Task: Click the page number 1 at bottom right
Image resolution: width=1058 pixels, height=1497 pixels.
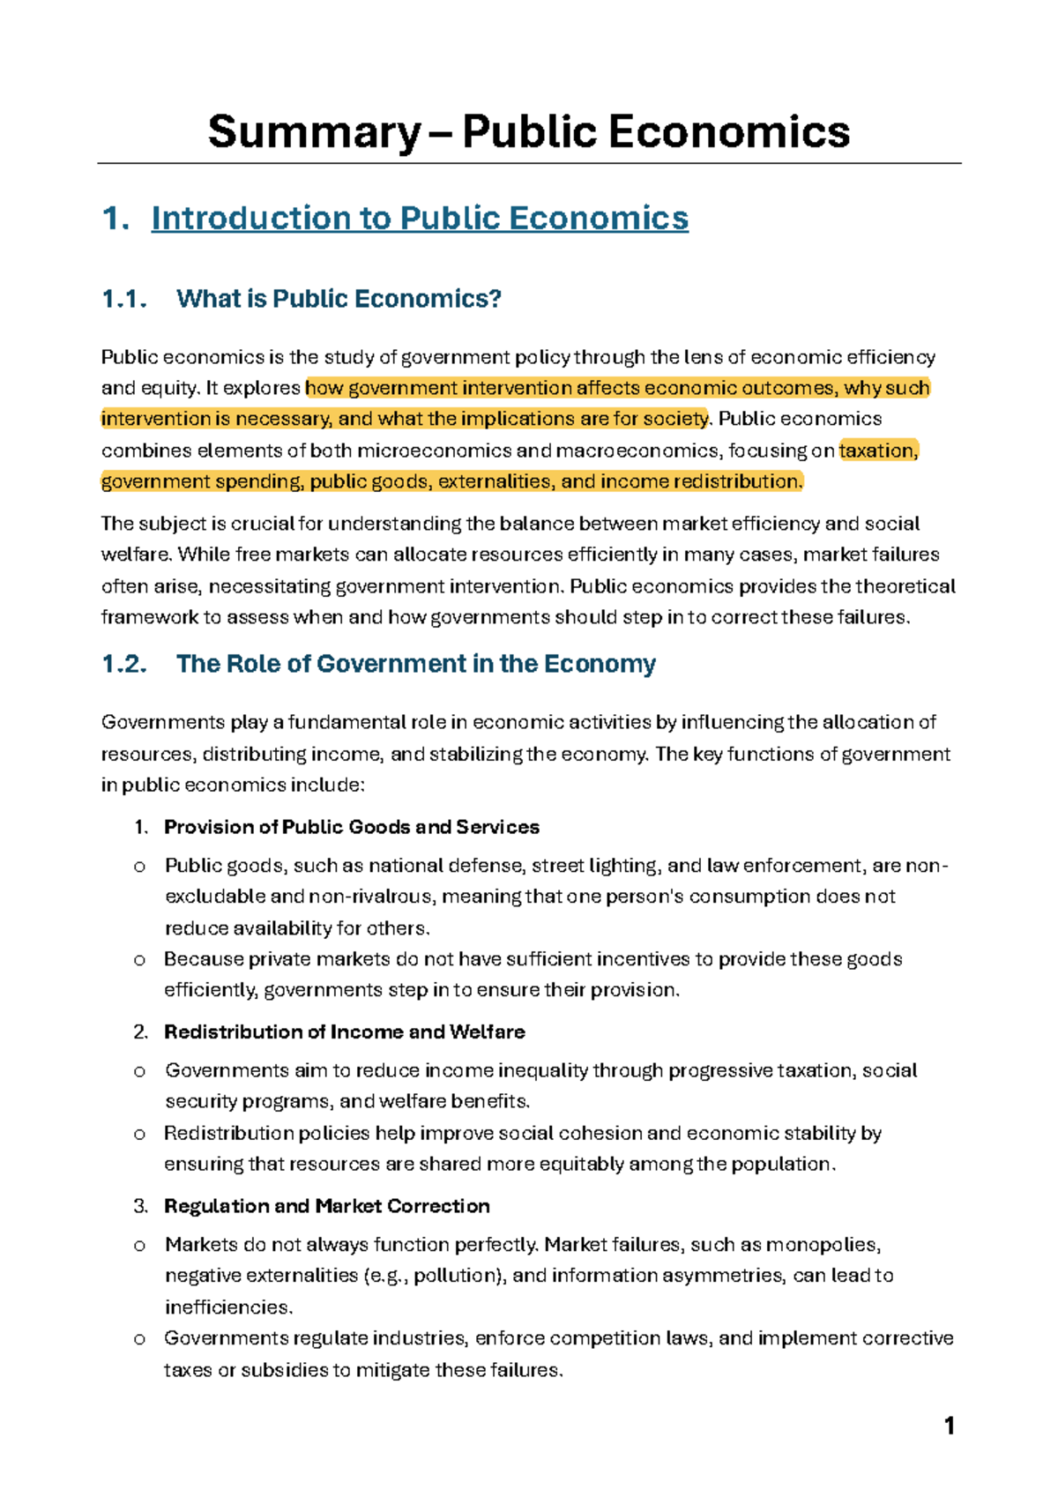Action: pos(949,1426)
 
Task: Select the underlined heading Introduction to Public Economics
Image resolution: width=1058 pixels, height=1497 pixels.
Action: pos(420,219)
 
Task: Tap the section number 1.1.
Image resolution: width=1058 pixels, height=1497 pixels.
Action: pos(123,299)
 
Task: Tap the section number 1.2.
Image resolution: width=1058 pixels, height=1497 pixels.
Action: pos(123,664)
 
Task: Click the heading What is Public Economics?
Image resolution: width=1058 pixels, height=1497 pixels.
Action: pos(339,299)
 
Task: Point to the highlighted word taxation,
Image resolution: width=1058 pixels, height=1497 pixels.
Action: pos(878,451)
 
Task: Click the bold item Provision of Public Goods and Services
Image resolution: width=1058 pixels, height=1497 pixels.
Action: pos(351,827)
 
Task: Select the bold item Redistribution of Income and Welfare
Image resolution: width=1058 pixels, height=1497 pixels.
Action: pos(344,1032)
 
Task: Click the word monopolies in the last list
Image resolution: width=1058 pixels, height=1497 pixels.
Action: pos(823,1245)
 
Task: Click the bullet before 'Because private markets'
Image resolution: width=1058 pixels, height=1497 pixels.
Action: pos(138,959)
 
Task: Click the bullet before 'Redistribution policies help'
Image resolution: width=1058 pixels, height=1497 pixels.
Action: pos(138,1134)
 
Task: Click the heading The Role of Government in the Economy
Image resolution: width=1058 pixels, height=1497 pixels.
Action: pos(415,664)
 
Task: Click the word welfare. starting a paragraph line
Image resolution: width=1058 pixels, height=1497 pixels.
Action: pos(137,555)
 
